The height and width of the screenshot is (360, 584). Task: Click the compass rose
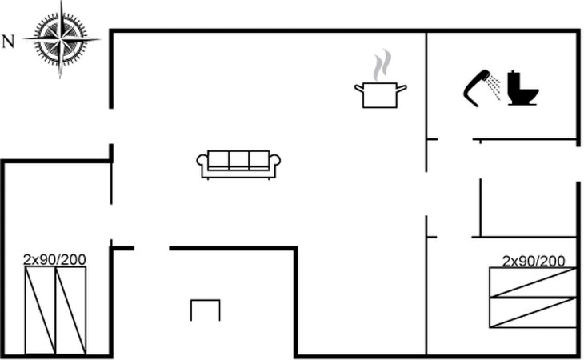click(x=61, y=38)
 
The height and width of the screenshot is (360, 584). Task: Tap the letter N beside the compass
click(x=8, y=42)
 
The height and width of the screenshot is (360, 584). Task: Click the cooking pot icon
click(x=381, y=94)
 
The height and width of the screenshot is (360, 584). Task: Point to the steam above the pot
click(x=383, y=63)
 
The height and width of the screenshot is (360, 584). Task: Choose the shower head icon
click(x=478, y=86)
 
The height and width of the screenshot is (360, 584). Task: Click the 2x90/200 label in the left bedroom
click(x=54, y=259)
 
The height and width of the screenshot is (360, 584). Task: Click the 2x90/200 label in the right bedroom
click(x=534, y=261)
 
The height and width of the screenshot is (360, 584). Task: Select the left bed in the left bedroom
click(x=40, y=310)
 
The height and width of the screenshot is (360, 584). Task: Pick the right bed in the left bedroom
click(x=70, y=310)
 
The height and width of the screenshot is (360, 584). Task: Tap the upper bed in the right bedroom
click(x=533, y=282)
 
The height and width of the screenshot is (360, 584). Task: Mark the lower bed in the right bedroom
click(x=533, y=312)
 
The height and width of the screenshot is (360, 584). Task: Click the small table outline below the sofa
click(x=205, y=310)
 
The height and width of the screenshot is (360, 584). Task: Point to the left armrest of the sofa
click(x=202, y=163)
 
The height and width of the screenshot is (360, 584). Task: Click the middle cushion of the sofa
click(x=238, y=160)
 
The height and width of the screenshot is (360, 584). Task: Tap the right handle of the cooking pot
click(x=402, y=87)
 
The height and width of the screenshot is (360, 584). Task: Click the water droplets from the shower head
click(x=496, y=87)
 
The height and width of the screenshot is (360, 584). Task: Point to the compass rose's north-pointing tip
click(x=24, y=38)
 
